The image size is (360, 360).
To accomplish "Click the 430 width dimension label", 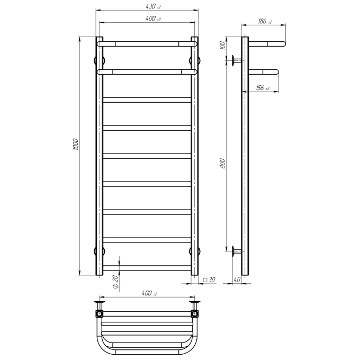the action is point(153,6).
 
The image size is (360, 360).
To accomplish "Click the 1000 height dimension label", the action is point(76,145).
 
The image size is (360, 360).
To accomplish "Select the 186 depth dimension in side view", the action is point(265,21).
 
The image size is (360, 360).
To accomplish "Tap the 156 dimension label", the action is point(263,88).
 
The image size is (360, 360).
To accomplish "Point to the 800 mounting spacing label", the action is point(223,163).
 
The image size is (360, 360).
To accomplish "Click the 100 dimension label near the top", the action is point(222,46).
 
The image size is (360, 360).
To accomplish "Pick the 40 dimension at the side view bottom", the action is point(237,280).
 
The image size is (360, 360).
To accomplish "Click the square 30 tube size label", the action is point(209,280).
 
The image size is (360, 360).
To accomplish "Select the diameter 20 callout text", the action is point(115,282).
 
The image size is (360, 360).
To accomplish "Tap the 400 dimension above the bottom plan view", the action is point(149,293).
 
